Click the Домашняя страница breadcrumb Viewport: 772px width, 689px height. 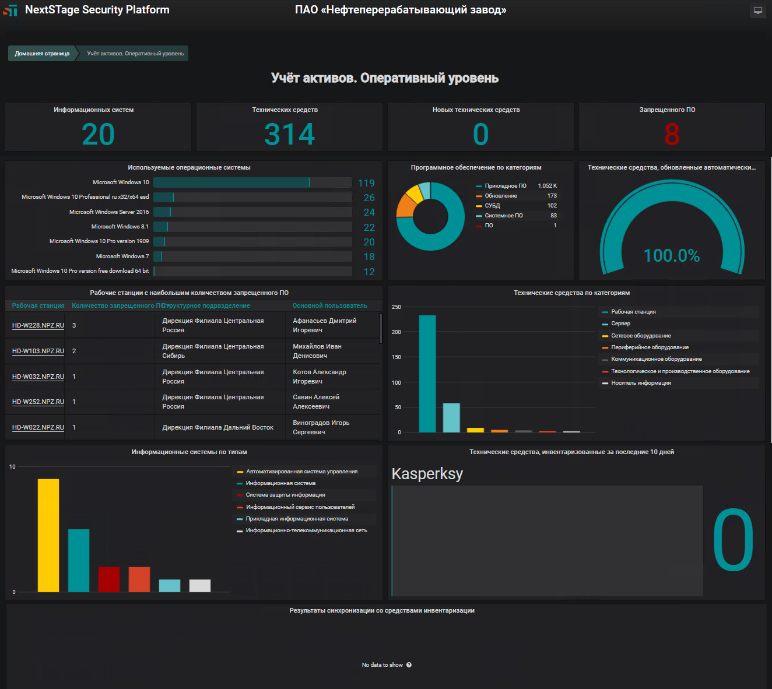click(42, 54)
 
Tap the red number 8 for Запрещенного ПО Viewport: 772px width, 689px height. click(672, 134)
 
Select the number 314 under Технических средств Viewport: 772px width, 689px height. click(289, 134)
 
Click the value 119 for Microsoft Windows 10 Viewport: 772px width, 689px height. click(366, 183)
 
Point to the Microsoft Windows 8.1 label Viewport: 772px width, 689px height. click(120, 227)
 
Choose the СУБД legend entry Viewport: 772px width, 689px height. click(492, 206)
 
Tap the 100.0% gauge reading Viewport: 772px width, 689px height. click(671, 255)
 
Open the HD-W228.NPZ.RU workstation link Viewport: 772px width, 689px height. click(38, 325)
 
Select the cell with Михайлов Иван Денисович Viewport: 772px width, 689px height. click(317, 351)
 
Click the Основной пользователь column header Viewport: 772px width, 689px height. click(329, 305)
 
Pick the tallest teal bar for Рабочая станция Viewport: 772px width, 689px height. click(427, 373)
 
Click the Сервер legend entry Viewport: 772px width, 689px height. click(620, 324)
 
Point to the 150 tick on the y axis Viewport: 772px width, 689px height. click(396, 357)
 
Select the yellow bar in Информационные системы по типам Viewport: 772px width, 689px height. click(48, 535)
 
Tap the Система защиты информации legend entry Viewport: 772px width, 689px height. click(285, 495)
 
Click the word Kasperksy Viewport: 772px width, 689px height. click(427, 474)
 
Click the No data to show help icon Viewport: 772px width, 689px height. click(409, 665)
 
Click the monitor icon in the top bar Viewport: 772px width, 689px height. click(757, 10)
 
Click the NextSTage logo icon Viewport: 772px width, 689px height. click(10, 10)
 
